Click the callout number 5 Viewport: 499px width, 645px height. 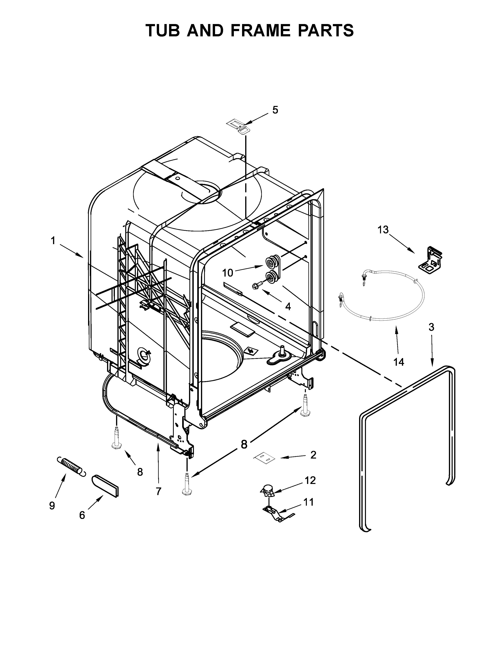pos(275,110)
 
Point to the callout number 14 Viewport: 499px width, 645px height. pos(398,362)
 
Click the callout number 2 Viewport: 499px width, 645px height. pos(313,455)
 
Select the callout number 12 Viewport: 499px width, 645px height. pos(310,480)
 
